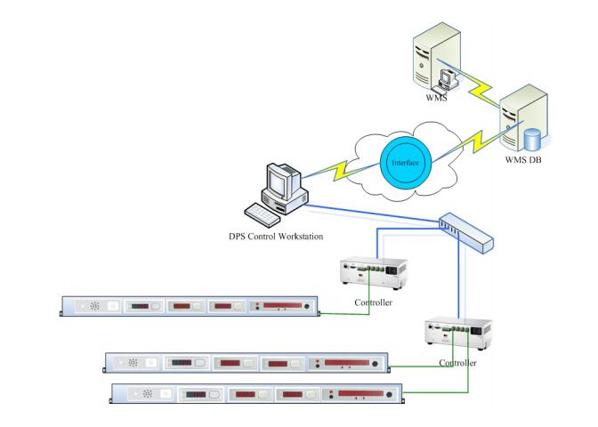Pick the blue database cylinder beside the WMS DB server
pos(533,141)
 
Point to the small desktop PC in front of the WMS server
pos(448,80)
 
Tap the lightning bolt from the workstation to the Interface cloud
pos(343,172)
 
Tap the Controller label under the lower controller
pos(458,363)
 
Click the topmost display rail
pos(188,306)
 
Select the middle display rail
pos(248,363)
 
